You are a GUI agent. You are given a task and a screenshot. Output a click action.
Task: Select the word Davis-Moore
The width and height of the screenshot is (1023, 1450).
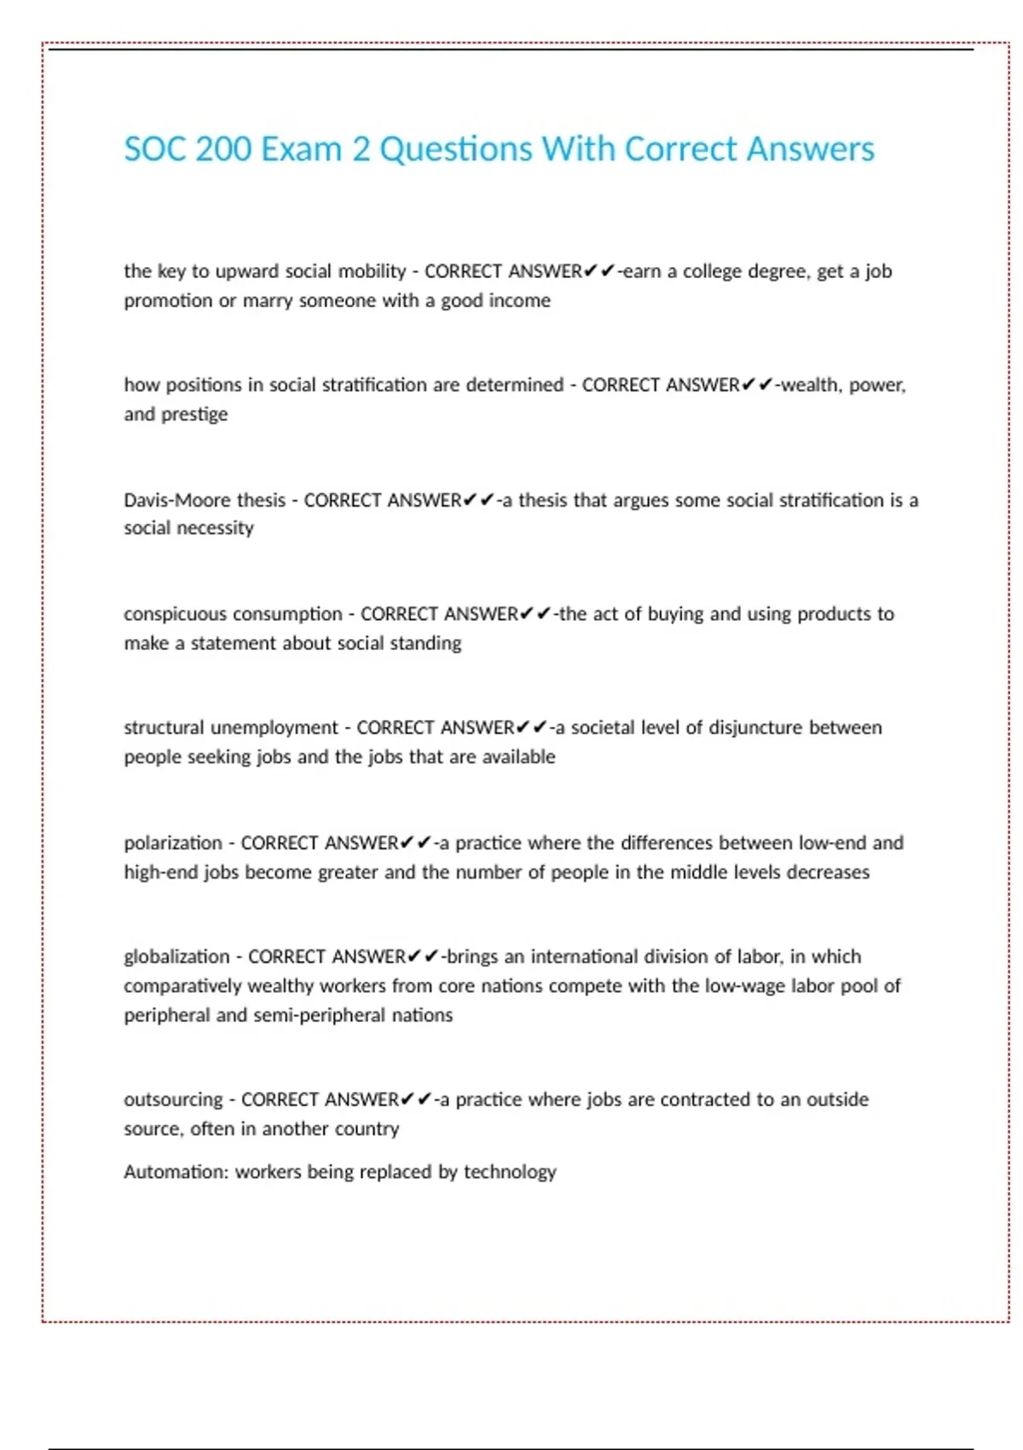point(176,500)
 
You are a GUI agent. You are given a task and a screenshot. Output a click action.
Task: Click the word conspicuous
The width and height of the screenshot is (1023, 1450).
point(175,614)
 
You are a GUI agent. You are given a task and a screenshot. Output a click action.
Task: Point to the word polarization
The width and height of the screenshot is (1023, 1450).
point(172,843)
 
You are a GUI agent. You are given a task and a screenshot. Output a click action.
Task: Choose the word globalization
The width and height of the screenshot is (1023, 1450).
point(176,956)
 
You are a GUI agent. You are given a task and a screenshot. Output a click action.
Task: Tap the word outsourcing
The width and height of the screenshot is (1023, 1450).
point(173,1099)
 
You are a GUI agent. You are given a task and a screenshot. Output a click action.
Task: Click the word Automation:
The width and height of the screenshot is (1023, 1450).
point(176,1172)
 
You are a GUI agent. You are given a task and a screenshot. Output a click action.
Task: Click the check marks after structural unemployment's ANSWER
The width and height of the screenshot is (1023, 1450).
point(531,728)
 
